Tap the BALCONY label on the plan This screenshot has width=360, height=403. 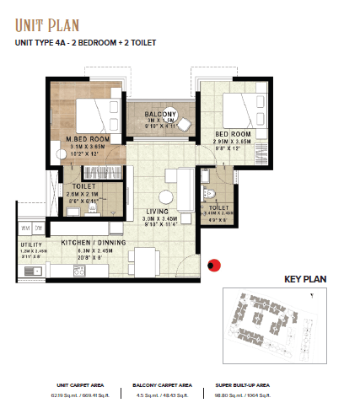point(160,114)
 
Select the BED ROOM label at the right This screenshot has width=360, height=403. point(233,134)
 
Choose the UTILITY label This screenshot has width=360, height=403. point(30,244)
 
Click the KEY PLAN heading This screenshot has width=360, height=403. point(305,279)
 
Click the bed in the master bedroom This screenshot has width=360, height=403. point(94,116)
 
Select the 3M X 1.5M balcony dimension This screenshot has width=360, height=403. point(160,121)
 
